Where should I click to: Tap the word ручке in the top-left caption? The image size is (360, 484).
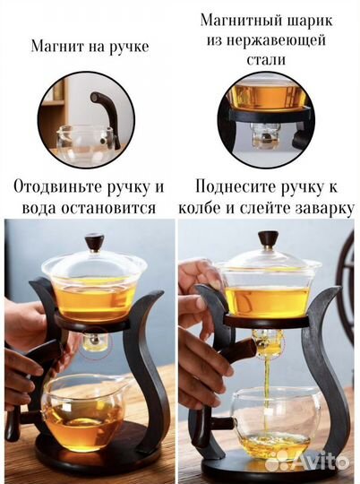(x=126, y=46)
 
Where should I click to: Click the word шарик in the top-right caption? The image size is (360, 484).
(x=302, y=20)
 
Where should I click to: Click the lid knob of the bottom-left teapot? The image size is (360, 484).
(x=93, y=241)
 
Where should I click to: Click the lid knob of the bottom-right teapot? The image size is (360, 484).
(x=267, y=238)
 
